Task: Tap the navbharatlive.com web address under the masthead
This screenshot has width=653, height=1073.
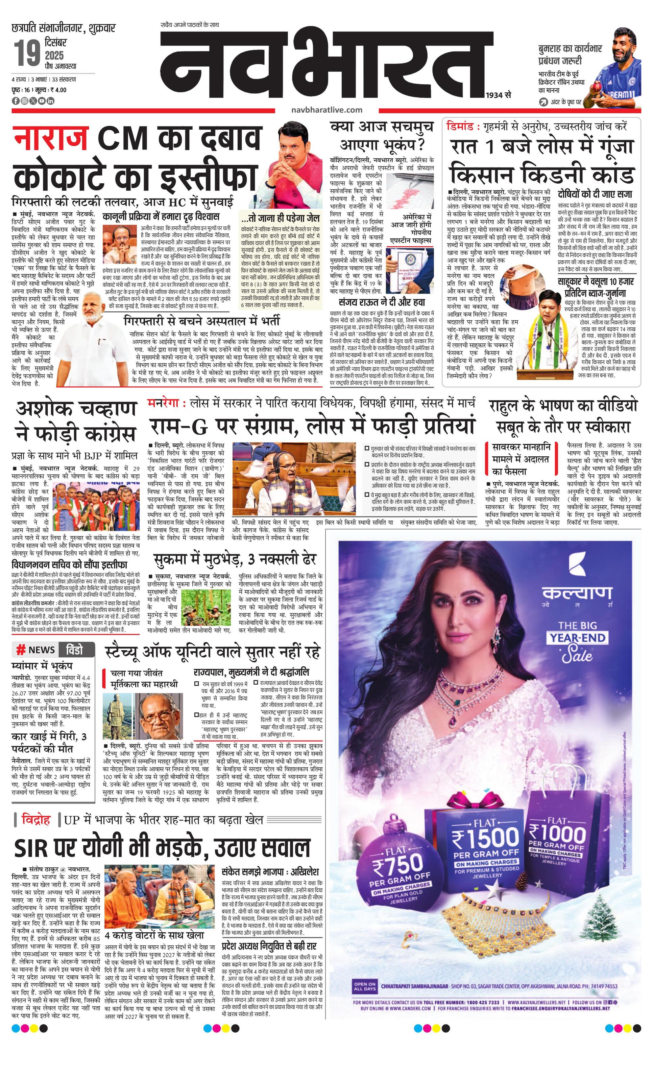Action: click(x=328, y=110)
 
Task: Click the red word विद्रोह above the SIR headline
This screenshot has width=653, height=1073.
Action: click(x=36, y=820)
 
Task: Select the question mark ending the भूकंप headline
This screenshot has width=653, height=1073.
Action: click(x=419, y=144)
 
